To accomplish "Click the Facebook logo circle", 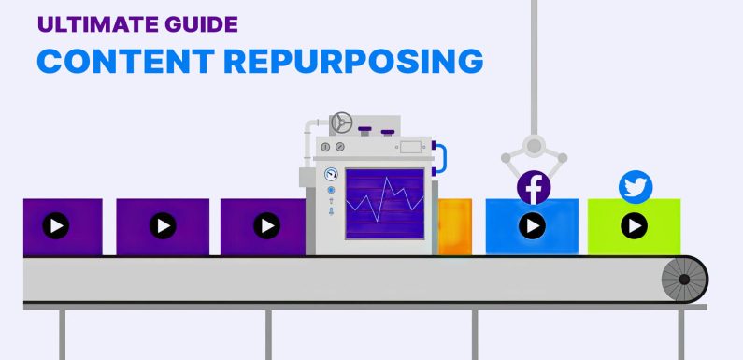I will [x=534, y=188].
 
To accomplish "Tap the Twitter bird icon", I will [x=636, y=187].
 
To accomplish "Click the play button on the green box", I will [x=635, y=225].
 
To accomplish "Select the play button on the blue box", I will [x=533, y=225].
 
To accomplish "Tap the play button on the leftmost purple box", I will [x=56, y=225].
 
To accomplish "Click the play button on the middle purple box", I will [x=164, y=225].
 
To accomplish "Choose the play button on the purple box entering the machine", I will [x=268, y=225].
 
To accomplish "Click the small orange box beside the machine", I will [x=455, y=225].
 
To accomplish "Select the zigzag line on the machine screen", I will [x=382, y=202].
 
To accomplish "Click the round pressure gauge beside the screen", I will [x=330, y=175].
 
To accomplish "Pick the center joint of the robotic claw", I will [x=534, y=146].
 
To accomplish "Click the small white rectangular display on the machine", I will [x=410, y=147].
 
